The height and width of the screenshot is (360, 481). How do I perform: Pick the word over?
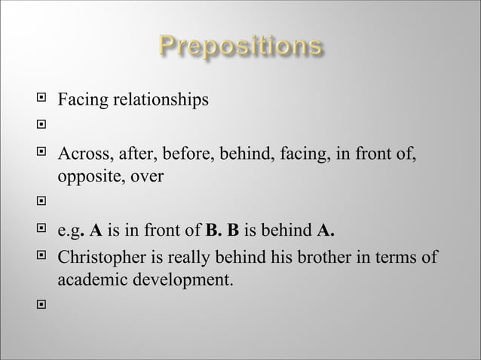[146, 178]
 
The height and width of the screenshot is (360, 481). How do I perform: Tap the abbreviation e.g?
[73, 230]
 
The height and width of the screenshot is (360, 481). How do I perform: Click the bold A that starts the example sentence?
[97, 230]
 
